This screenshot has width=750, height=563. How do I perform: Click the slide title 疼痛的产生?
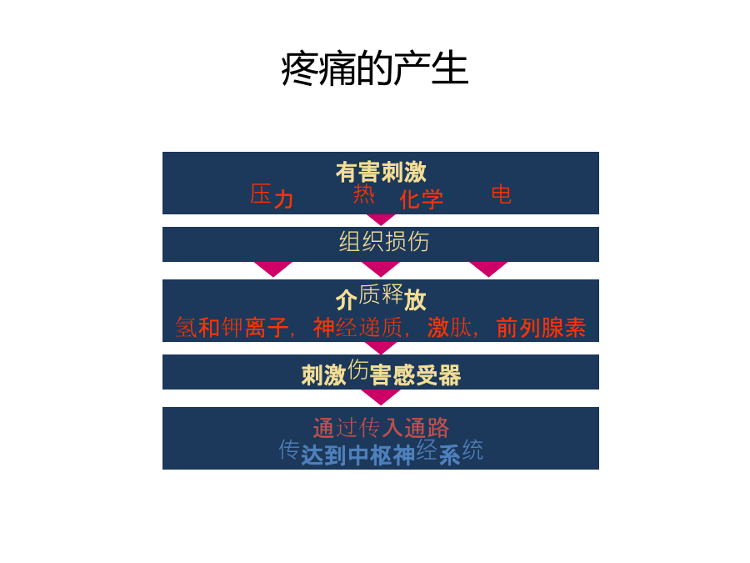[x=374, y=69]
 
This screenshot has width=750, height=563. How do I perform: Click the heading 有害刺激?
[x=381, y=172]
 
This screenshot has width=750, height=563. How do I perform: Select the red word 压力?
[x=271, y=196]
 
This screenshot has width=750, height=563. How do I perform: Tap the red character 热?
[x=363, y=194]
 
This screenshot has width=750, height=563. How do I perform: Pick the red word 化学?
[x=422, y=199]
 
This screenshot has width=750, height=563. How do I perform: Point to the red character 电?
[x=502, y=194]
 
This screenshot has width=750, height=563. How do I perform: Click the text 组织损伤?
[x=384, y=241]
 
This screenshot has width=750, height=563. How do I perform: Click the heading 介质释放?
[x=381, y=297]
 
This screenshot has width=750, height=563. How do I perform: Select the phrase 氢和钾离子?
[x=232, y=328]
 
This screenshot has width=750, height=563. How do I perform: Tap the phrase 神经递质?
[x=357, y=328]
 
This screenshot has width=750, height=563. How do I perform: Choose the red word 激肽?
[x=450, y=328]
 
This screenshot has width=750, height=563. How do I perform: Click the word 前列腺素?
[x=541, y=328]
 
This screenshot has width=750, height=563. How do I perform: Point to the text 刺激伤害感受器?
[x=381, y=373]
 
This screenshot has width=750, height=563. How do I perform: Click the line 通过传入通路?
[x=381, y=428]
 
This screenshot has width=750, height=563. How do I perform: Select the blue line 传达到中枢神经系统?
[x=381, y=452]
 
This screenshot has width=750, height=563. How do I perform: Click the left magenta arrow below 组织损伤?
[x=273, y=268]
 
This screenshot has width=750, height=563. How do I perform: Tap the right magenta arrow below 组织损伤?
[x=488, y=268]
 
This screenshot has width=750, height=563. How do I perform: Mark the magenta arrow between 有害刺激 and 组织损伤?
[x=381, y=219]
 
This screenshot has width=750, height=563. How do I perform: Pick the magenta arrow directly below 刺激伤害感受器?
[x=381, y=396]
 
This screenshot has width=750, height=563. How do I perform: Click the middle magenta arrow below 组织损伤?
[x=381, y=268]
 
